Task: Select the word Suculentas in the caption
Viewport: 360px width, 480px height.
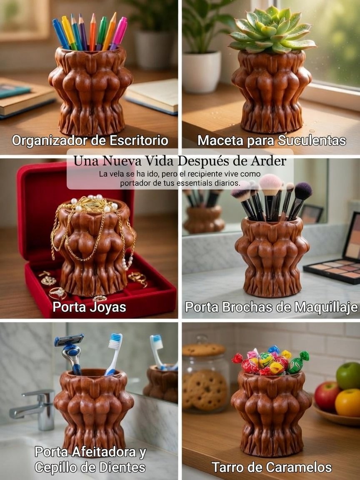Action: [312, 140]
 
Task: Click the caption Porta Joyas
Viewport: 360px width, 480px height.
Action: [89, 307]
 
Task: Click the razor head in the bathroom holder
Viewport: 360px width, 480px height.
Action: [69, 340]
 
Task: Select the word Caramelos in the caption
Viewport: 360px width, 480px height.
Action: [299, 467]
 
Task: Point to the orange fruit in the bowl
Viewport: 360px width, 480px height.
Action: [348, 402]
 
